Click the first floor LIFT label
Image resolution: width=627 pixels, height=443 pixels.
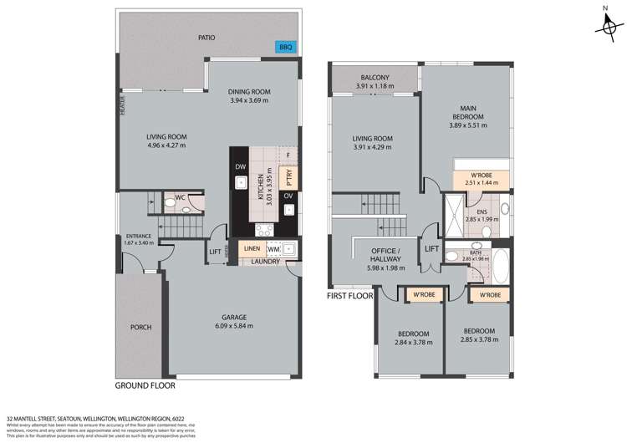[x=431, y=249]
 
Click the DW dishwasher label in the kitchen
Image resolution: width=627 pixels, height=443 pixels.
[x=240, y=166]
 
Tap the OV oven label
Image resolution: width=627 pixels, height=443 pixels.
[x=288, y=196]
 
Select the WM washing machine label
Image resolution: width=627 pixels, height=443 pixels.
[x=273, y=249]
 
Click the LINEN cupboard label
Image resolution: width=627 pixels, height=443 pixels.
[x=251, y=249]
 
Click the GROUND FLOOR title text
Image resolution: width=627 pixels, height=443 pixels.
[x=145, y=387]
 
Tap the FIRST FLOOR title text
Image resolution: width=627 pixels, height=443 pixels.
[x=349, y=296]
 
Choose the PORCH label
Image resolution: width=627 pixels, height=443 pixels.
[x=141, y=327]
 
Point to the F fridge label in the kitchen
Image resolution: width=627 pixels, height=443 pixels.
[x=288, y=155]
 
